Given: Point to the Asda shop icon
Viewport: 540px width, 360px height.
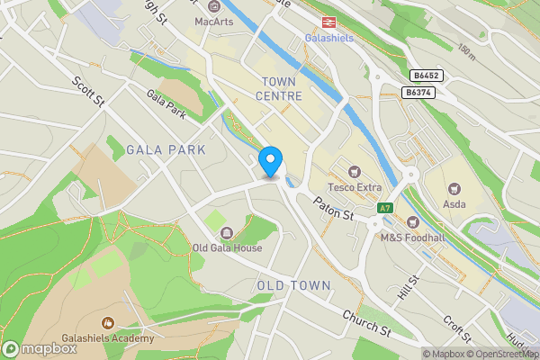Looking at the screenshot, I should (x=455, y=189).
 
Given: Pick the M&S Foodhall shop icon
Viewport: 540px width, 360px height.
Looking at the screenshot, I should (x=413, y=221).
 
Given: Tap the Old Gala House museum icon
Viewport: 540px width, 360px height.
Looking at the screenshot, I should (x=226, y=233).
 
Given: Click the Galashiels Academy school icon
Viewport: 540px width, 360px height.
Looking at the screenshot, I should (x=108, y=322).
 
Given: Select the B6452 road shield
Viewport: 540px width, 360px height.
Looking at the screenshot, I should (x=427, y=76).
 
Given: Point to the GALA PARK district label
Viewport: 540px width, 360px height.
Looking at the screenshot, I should (x=166, y=149).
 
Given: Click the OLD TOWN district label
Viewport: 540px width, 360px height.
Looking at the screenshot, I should (x=293, y=285).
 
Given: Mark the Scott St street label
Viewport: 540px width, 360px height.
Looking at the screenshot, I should (x=89, y=91).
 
